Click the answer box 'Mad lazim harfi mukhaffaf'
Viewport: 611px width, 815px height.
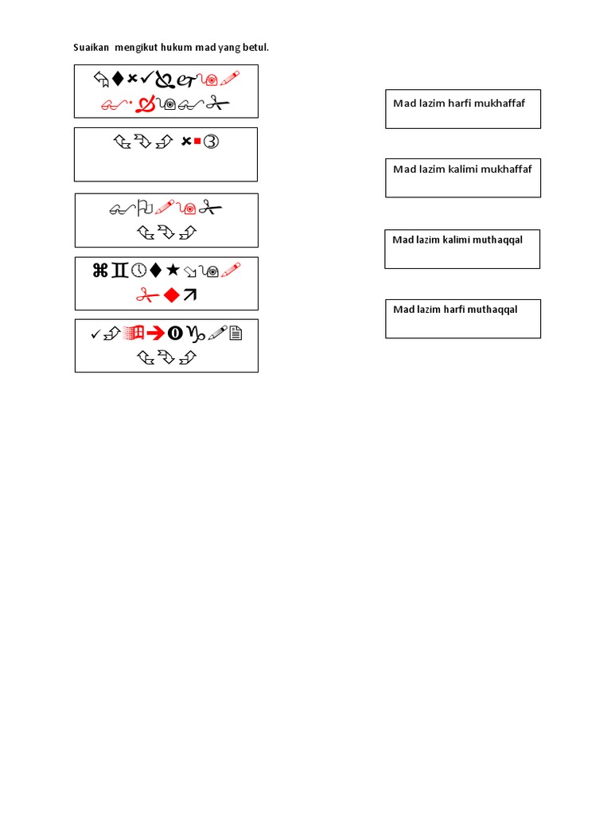point(463,109)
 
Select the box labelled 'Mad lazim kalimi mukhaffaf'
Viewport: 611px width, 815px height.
point(463,177)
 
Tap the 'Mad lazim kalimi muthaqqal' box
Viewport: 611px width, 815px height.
point(462,249)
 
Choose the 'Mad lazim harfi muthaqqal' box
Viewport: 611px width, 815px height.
point(463,318)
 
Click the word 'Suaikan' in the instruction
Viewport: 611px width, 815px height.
point(91,48)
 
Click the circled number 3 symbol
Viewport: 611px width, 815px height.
point(211,142)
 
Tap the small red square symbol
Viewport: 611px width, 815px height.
point(196,142)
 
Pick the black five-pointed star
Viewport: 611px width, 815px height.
point(173,271)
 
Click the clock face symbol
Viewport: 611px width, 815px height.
point(138,271)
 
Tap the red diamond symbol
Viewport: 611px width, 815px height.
point(170,295)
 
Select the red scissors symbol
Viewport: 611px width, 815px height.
point(146,295)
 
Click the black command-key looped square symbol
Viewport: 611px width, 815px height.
point(100,271)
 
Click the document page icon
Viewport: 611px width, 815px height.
point(235,334)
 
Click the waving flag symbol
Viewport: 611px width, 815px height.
point(145,209)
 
